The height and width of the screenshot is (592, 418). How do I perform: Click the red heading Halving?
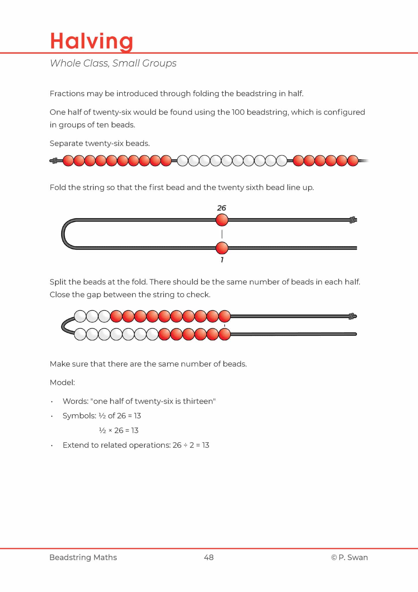pos(91,41)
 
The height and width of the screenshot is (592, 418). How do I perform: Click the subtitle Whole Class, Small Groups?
pos(113,63)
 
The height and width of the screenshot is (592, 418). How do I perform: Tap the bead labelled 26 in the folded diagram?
pos(222,220)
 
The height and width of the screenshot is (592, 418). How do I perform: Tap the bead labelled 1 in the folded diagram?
pos(222,248)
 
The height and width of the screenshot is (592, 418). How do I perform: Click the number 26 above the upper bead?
pos(221,208)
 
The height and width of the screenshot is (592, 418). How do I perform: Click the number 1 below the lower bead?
pos(222,260)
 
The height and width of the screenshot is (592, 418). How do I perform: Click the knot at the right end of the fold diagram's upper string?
pos(352,220)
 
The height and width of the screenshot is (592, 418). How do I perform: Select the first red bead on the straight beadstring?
pos(68,161)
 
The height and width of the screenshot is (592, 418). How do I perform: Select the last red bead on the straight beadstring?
pos(353,161)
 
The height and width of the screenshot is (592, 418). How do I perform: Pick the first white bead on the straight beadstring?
pos(182,161)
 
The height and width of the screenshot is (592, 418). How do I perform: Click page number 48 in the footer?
pos(209,557)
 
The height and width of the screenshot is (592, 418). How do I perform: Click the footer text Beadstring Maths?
pos(83,557)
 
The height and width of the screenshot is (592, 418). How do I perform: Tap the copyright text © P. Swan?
pos(349,557)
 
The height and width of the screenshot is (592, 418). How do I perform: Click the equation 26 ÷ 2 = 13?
pos(191,445)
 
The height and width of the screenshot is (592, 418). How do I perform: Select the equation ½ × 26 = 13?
pos(119,430)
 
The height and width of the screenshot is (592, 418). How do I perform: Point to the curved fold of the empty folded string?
pos(63,234)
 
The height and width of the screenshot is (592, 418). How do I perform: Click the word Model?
pos(62,382)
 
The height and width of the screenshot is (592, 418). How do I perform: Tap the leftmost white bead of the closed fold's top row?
pos(80,316)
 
